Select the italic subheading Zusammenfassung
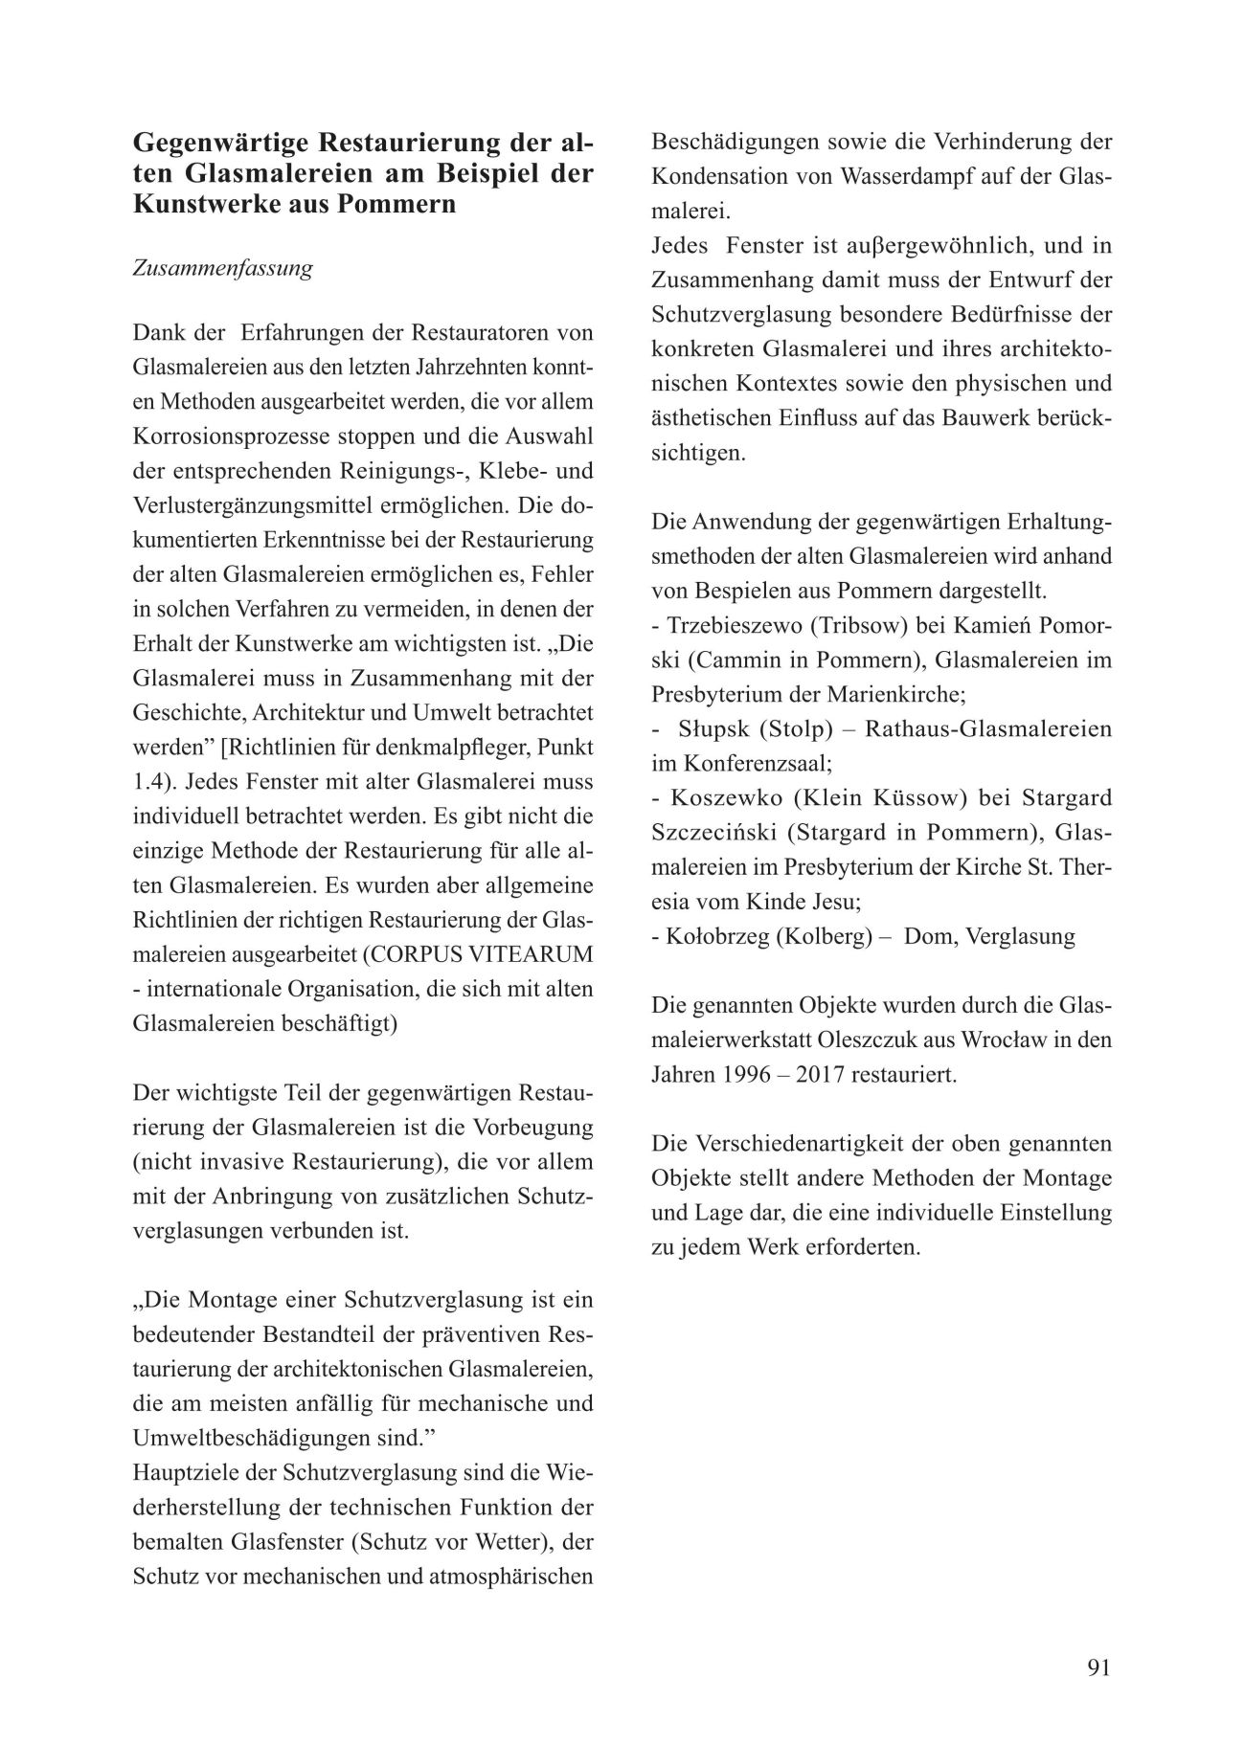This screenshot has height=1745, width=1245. pyautogui.click(x=222, y=268)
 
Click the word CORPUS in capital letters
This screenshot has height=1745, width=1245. pyautogui.click(x=399, y=954)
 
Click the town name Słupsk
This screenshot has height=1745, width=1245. pyautogui.click(x=713, y=729)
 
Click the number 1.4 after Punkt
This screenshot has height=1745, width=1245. pyautogui.click(x=149, y=782)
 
